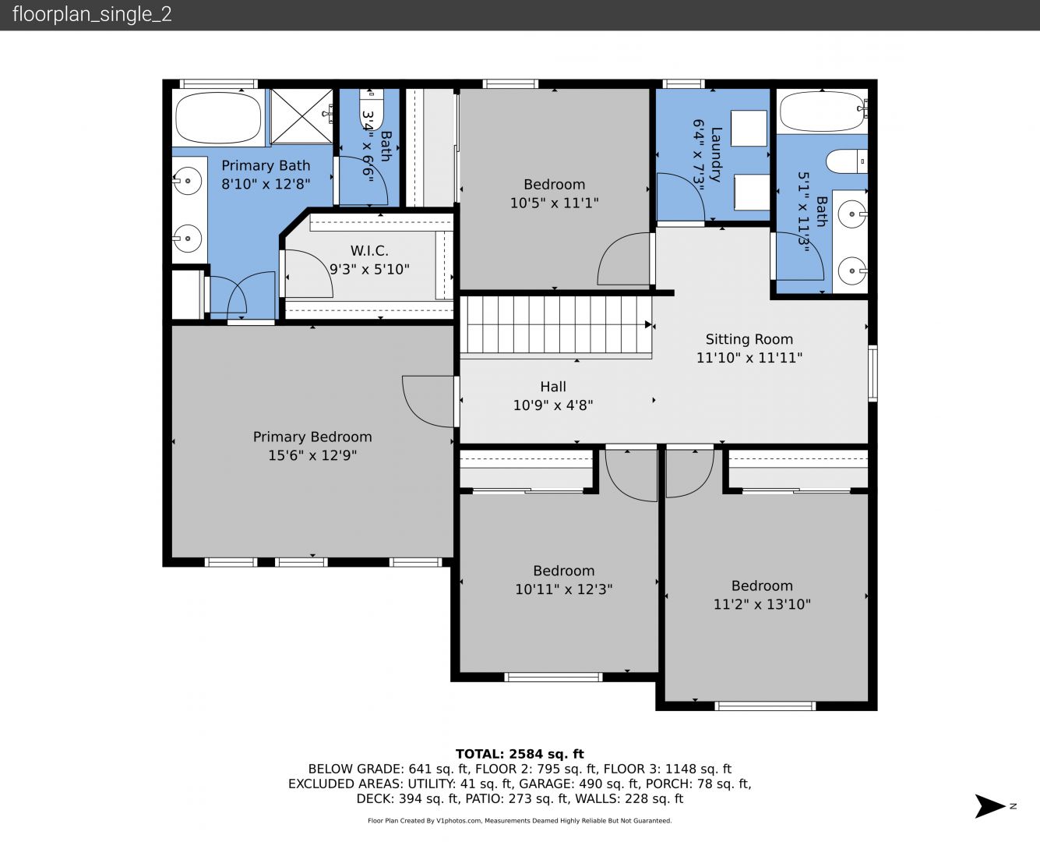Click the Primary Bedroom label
[312, 437]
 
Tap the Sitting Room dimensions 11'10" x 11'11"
[749, 358]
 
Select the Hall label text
[553, 387]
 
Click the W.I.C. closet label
[369, 251]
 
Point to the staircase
[556, 324]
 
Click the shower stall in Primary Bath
[301, 116]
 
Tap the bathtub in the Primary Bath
[218, 117]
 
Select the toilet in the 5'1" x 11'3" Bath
[847, 161]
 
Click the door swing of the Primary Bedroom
[428, 402]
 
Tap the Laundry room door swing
[681, 197]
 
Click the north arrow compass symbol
[990, 806]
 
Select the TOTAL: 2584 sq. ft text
[520, 754]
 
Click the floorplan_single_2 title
[92, 14]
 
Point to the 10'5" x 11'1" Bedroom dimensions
[554, 203]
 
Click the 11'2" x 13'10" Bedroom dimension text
[762, 604]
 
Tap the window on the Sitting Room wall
[873, 373]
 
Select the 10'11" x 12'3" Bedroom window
[553, 677]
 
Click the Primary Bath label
[266, 165]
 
